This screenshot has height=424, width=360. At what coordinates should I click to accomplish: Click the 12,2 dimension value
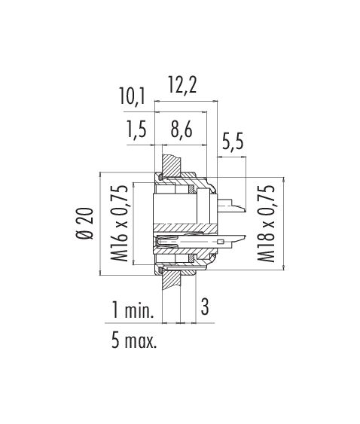point(182,85)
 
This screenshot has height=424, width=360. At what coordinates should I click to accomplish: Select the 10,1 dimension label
point(133,97)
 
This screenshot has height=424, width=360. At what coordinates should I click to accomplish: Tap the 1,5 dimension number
point(136,129)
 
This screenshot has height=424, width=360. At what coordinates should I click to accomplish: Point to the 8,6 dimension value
point(182,129)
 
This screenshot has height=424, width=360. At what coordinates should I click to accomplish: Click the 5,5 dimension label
point(233,141)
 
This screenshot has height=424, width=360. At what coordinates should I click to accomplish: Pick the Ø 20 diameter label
point(84,224)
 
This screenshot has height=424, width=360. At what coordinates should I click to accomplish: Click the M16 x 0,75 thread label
point(119,223)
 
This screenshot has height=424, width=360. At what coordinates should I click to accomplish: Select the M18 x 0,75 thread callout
point(266,223)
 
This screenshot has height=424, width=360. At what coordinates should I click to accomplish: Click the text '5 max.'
point(134,340)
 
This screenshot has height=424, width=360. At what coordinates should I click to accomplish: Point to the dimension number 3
point(205,306)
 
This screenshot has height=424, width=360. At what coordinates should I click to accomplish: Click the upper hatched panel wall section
point(171,165)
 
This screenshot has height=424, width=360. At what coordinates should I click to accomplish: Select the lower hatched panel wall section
point(171,280)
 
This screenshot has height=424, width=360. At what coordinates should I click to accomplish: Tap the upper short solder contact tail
point(232,205)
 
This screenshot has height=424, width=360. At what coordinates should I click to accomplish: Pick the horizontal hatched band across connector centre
point(185,228)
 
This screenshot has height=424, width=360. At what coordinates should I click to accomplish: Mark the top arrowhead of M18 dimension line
point(283,179)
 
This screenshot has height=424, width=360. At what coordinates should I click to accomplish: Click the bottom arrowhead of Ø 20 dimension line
point(100,273)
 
